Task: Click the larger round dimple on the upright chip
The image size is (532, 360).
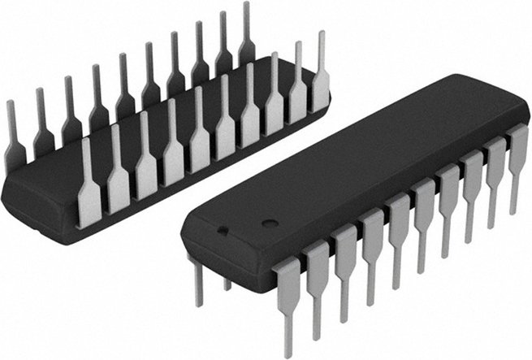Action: click(268, 222)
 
